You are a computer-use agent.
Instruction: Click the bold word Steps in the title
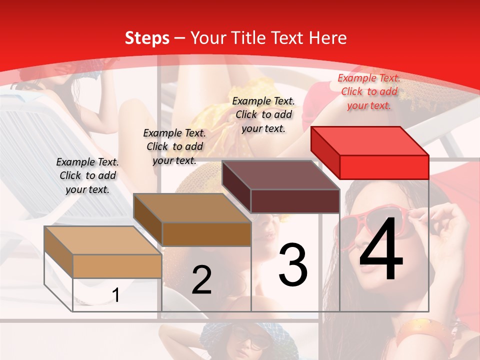tap(146, 38)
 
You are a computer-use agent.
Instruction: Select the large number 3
tap(293, 264)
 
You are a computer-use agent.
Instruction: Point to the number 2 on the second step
tap(201, 280)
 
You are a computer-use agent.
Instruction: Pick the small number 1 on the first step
tap(116, 295)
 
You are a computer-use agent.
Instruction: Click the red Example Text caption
tap(369, 91)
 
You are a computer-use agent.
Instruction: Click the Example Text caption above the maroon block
tap(263, 114)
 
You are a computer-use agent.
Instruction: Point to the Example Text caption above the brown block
tap(174, 146)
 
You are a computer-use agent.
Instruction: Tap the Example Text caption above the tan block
tap(87, 175)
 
